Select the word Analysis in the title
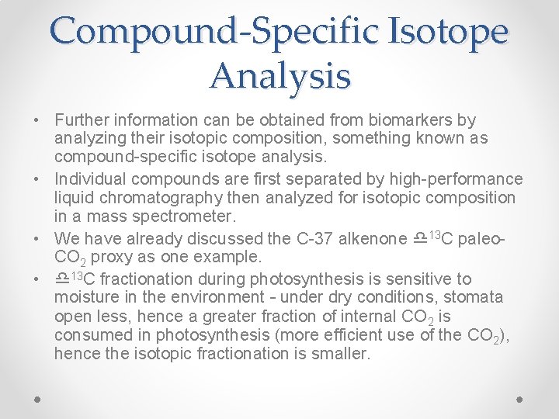[x=279, y=76]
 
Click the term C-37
[x=311, y=238]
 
